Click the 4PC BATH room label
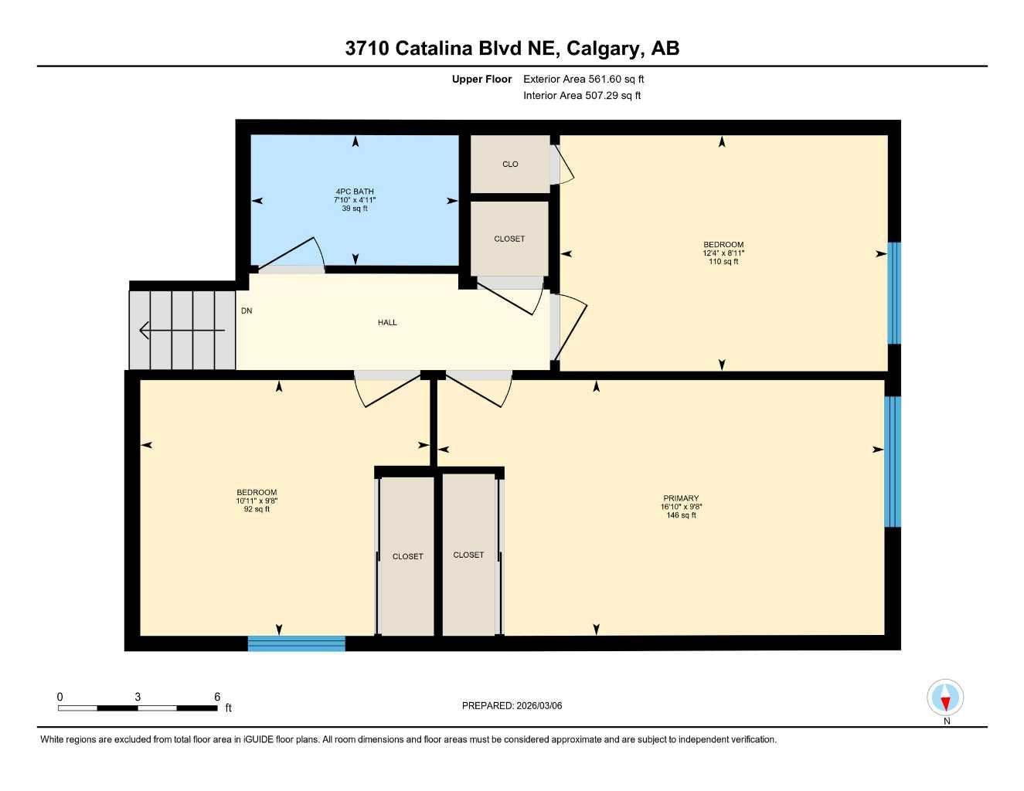(355, 192)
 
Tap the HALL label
(387, 323)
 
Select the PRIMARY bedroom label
(681, 498)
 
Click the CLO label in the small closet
(510, 165)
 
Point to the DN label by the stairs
(247, 311)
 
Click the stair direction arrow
(182, 331)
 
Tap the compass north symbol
(945, 699)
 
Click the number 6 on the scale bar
(217, 697)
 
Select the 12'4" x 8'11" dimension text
(723, 253)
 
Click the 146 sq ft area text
(681, 515)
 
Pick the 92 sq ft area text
(257, 509)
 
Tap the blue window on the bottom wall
(297, 643)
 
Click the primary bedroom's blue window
(893, 461)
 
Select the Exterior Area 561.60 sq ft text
(583, 79)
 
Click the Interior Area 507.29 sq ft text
(582, 96)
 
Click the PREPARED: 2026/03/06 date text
(512, 705)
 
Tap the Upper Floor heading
(481, 79)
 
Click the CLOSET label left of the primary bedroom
(468, 555)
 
